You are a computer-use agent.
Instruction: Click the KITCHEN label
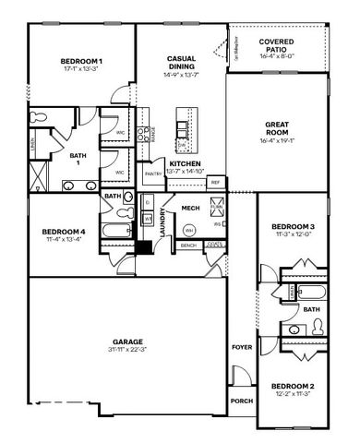click(186, 163)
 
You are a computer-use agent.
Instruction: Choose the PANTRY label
click(153, 173)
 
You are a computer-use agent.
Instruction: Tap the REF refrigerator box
click(215, 183)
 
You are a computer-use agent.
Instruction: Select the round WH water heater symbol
click(189, 229)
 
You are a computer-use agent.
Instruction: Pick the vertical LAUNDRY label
click(163, 223)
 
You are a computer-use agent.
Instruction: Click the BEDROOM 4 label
click(63, 232)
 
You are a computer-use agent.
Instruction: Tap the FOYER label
click(242, 348)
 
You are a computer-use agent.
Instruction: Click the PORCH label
click(242, 401)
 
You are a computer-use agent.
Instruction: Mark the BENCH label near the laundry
click(190, 245)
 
